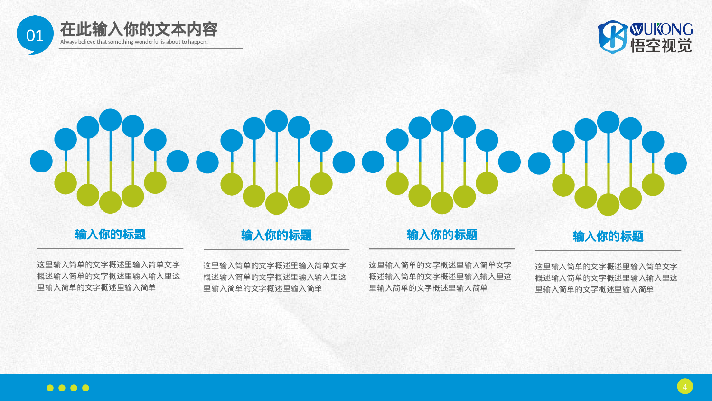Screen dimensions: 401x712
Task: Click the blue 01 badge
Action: pos(35,35)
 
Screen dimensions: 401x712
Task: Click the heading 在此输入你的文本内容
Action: pos(139,29)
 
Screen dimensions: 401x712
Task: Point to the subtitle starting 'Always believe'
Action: pos(134,42)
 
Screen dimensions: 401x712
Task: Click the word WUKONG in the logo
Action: pos(661,29)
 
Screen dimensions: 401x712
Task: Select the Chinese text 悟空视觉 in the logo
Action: pos(661,46)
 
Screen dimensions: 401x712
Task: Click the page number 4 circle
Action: pos(684,387)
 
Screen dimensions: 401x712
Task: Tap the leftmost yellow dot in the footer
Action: pos(50,388)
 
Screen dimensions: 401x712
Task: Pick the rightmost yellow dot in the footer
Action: pos(85,388)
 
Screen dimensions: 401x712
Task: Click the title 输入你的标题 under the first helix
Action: pos(110,234)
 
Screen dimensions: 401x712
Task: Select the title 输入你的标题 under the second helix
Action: pos(276,235)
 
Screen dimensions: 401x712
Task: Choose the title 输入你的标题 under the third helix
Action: pos(442,235)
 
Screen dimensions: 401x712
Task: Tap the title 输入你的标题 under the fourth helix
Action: pos(608,236)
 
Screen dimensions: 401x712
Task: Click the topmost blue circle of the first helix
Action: pos(111,120)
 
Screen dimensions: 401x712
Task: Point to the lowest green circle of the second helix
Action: pos(277,204)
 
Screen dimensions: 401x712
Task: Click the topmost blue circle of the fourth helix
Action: pos(608,122)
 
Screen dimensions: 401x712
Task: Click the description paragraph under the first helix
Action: pos(109,276)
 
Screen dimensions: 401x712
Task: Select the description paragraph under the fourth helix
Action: pos(606,278)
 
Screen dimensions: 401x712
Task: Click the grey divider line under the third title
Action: pos(442,248)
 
